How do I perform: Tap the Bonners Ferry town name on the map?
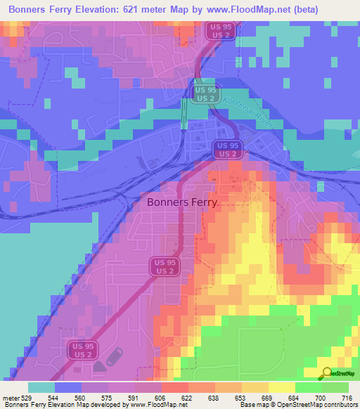coord(182,202)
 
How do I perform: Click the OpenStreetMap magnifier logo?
coord(326,373)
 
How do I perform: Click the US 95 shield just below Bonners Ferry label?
coord(165,266)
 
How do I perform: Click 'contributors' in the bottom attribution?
coord(341,405)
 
